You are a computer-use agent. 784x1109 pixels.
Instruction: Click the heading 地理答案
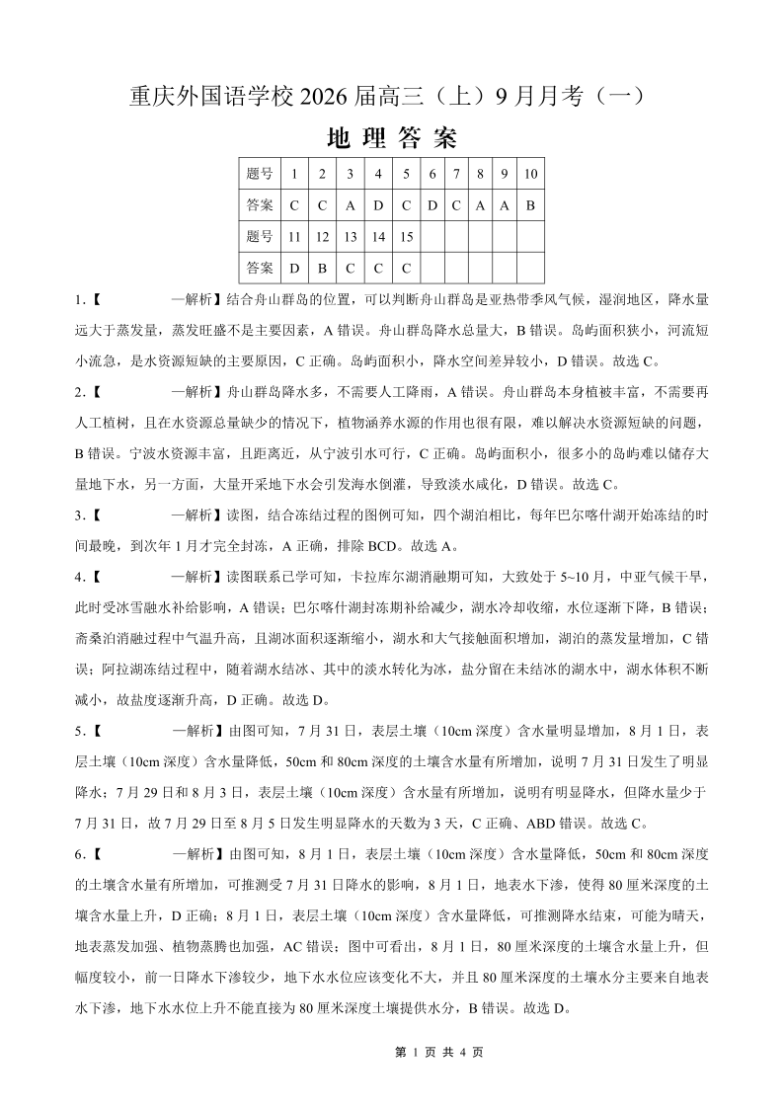click(391, 138)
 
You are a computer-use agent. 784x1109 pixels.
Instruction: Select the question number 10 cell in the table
click(530, 174)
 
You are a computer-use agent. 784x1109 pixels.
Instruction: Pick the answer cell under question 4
click(378, 205)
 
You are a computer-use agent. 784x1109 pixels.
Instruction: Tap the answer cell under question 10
click(530, 205)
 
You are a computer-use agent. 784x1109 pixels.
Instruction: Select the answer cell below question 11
click(294, 269)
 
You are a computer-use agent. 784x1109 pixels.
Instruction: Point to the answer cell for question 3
click(350, 205)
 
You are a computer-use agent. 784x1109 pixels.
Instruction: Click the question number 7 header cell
click(456, 174)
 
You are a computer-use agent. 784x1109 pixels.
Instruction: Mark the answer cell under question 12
click(322, 269)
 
